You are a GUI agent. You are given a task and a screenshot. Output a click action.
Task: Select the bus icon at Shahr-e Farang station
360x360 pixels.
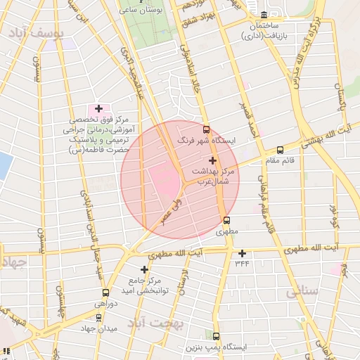pyautogui.click(x=206, y=129)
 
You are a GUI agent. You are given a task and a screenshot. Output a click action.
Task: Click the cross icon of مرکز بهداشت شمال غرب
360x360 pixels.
pyautogui.click(x=212, y=161)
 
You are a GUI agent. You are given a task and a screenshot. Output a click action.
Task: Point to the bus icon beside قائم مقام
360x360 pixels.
pyautogui.click(x=281, y=150)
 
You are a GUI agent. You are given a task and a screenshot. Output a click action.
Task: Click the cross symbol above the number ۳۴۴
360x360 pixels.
pyautogui.click(x=243, y=253)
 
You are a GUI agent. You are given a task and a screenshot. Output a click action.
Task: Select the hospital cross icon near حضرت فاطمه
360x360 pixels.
pyautogui.click(x=98, y=109)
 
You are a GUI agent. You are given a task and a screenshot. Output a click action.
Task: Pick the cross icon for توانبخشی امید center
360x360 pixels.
pyautogui.click(x=145, y=269)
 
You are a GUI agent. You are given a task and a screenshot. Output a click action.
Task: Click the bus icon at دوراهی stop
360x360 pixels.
pyautogui.click(x=105, y=292)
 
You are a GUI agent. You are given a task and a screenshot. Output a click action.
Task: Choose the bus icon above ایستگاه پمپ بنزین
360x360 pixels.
pyautogui.click(x=216, y=336)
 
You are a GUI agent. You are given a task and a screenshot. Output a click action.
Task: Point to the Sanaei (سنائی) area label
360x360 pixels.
pyautogui.click(x=303, y=290)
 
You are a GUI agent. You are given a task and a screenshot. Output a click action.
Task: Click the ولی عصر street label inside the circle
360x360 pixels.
pyautogui.click(x=172, y=209)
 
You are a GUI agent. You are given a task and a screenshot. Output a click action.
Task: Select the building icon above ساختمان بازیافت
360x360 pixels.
pyautogui.click(x=264, y=15)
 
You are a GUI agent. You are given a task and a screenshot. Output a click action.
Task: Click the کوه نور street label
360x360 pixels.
pyautogui.click(x=333, y=215)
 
